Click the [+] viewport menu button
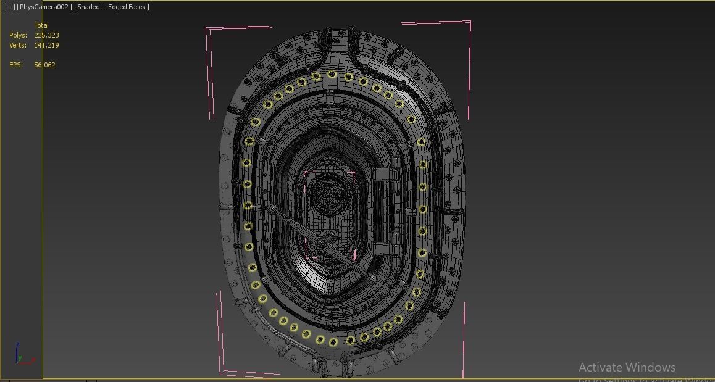pyautogui.click(x=9, y=7)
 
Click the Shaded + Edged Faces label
pyautogui.click(x=112, y=7)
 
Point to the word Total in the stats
pyautogui.click(x=41, y=25)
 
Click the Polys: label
pyautogui.click(x=18, y=35)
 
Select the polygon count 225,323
pyautogui.click(x=46, y=35)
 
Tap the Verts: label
pyautogui.click(x=18, y=45)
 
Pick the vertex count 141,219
pyautogui.click(x=46, y=45)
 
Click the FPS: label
pyautogui.click(x=16, y=65)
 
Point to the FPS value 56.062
pyautogui.click(x=44, y=65)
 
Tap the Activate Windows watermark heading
pyautogui.click(x=627, y=367)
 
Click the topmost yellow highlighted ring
pyautogui.click(x=332, y=75)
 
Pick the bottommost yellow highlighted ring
pyautogui.click(x=333, y=342)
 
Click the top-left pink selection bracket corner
pyautogui.click(x=207, y=28)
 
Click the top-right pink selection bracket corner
pyautogui.click(x=469, y=23)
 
